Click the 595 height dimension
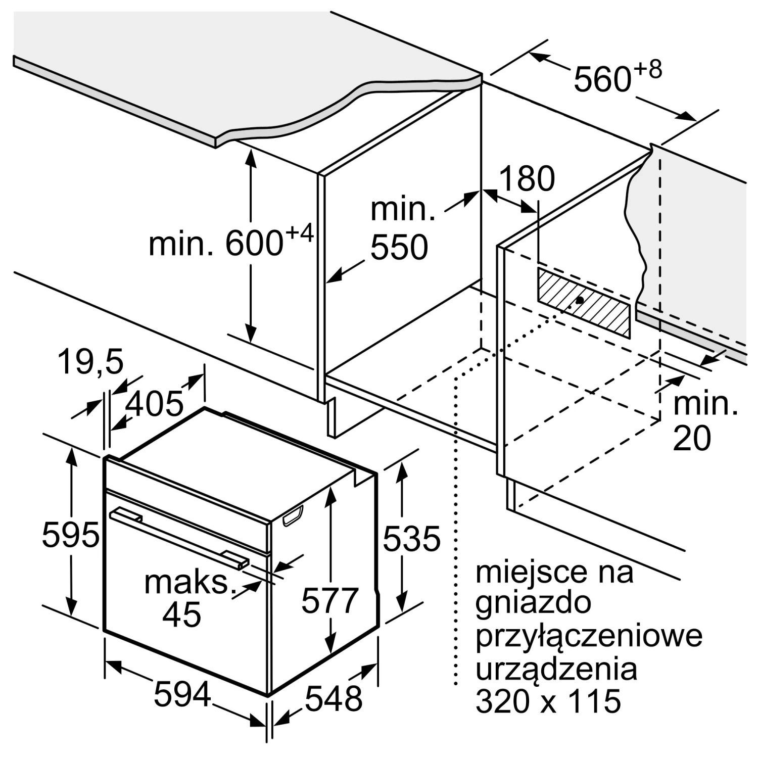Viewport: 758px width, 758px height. tap(71, 536)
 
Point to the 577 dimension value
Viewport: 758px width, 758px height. tap(330, 600)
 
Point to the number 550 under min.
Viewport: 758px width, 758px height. tap(399, 247)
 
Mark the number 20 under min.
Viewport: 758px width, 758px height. tap(692, 438)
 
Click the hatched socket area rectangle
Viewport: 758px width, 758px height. tap(584, 302)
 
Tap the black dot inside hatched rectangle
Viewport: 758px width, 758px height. tap(580, 300)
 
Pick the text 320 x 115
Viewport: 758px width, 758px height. tap(548, 701)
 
